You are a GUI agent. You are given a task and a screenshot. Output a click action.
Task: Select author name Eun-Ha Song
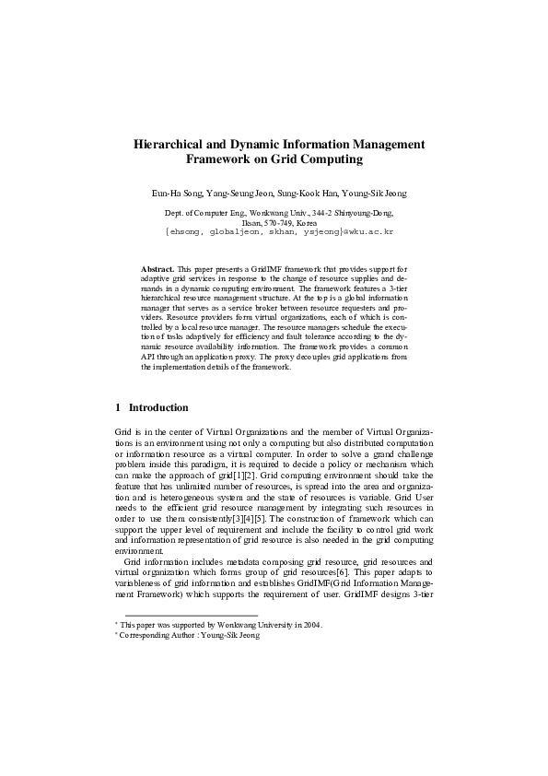[174, 194]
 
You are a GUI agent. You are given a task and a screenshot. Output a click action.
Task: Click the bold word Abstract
[157, 267]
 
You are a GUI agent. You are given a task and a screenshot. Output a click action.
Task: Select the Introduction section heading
[158, 407]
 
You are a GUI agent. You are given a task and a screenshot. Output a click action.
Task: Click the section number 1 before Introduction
[118, 407]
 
